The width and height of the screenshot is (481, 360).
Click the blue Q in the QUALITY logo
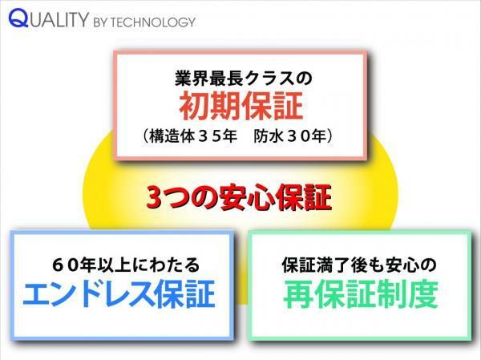point(18,18)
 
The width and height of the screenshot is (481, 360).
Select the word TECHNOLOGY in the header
point(152,22)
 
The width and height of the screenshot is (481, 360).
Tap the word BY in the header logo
point(101,22)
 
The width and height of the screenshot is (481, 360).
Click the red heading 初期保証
point(241,106)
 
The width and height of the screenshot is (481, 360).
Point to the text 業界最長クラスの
point(243,78)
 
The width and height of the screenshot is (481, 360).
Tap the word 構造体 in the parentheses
point(172,136)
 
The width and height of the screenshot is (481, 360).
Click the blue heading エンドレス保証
point(119,293)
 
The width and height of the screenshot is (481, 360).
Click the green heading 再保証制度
point(361,294)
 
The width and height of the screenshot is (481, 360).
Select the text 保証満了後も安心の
point(359,265)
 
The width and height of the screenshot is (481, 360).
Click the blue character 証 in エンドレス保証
point(200,293)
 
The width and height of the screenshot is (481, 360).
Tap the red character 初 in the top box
point(195,106)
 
